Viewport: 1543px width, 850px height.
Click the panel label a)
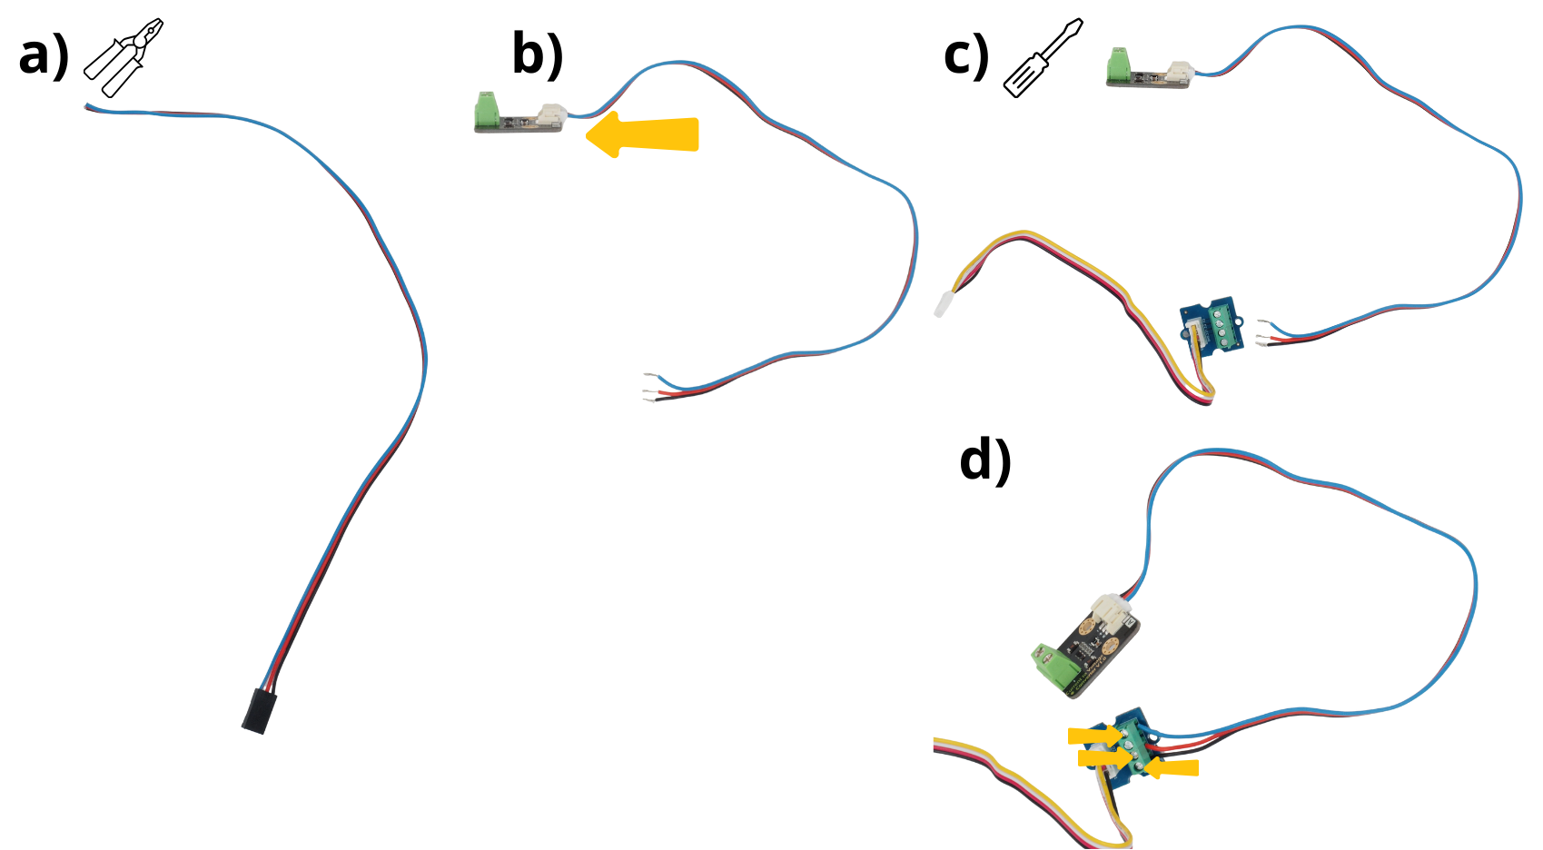(44, 56)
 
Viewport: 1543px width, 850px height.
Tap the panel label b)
(538, 54)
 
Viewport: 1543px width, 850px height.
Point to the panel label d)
(985, 460)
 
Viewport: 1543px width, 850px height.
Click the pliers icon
(124, 57)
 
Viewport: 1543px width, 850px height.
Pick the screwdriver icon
(1044, 57)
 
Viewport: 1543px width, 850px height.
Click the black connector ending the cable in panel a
(259, 710)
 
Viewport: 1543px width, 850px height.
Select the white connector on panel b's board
(552, 114)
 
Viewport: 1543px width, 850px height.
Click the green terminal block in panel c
(1119, 65)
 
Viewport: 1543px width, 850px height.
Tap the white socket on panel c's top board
(1180, 72)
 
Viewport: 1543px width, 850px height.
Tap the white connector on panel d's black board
(1112, 613)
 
